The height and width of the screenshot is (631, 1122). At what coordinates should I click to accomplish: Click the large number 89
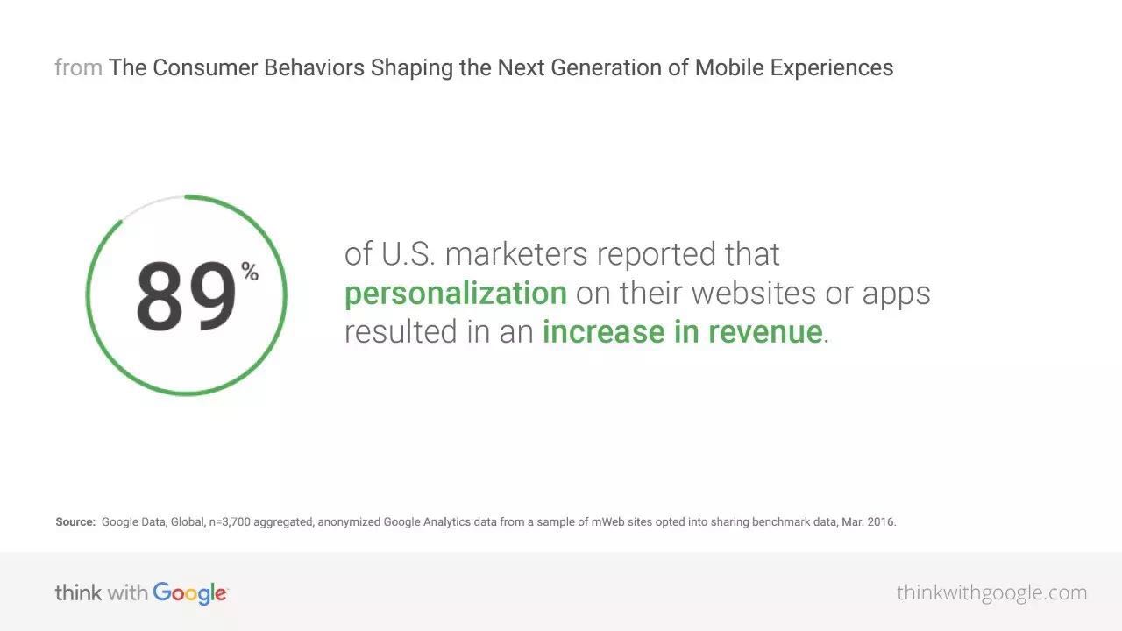point(186,296)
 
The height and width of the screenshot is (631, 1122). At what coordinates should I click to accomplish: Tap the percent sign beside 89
point(250,272)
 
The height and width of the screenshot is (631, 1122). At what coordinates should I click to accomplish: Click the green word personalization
point(456,293)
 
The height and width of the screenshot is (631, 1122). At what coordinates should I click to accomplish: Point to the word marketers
point(516,253)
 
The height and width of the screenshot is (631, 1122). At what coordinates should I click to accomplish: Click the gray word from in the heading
point(79,67)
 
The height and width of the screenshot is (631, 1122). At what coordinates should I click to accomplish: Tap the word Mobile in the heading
point(729,67)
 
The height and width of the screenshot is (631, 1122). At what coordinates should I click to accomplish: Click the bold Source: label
point(75,521)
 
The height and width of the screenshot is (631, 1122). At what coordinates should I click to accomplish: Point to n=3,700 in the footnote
point(230,522)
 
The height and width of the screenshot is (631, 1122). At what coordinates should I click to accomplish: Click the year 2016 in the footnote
point(882,521)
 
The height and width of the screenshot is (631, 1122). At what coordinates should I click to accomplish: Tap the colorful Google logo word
point(190,593)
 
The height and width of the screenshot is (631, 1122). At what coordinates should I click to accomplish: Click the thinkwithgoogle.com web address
point(991,593)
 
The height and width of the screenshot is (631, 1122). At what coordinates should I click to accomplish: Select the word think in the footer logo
point(78,593)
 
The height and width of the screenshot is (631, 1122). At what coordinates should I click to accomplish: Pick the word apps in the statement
point(896,295)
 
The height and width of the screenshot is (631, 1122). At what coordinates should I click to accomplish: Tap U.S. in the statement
point(408,253)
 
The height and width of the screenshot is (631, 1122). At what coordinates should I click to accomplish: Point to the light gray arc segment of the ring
point(150,204)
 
